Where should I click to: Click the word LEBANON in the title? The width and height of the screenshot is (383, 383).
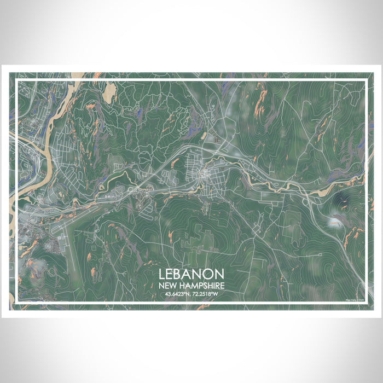[x=191, y=274]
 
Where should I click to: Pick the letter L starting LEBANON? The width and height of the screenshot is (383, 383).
[x=163, y=274]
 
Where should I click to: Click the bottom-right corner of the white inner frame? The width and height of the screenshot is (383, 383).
[x=365, y=303]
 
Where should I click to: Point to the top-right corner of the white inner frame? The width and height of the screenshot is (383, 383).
[x=365, y=80]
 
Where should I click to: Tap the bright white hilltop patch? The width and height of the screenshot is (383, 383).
[x=334, y=222]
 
